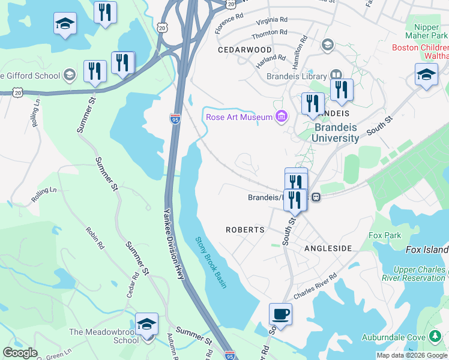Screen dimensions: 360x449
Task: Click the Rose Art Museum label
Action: (x=239, y=117)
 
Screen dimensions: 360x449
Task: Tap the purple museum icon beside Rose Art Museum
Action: (x=280, y=116)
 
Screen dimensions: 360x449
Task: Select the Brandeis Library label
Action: (x=297, y=76)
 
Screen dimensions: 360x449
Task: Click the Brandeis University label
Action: (x=336, y=133)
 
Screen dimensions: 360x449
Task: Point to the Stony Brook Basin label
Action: (x=211, y=262)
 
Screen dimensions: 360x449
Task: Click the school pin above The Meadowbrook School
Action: (x=146, y=324)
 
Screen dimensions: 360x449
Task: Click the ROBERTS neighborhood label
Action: (x=245, y=230)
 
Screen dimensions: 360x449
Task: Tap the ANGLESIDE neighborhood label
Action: (x=328, y=248)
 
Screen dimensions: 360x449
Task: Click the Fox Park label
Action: (x=385, y=235)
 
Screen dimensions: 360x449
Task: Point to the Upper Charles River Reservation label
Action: (x=414, y=274)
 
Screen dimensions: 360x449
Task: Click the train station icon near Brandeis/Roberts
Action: (x=316, y=197)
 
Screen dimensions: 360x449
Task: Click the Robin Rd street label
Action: (x=95, y=238)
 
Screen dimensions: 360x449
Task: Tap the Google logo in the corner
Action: (x=20, y=353)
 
